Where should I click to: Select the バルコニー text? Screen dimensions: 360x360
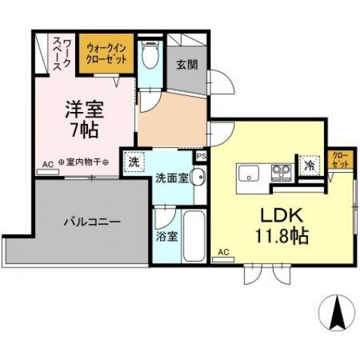92,222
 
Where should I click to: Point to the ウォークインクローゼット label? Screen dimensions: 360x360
107,53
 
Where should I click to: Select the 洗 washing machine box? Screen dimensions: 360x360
134,161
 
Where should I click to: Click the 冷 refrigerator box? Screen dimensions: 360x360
308,165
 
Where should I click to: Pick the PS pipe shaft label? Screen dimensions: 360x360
201,156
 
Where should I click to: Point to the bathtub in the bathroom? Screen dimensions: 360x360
193,234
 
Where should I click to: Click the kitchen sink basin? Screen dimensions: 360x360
249,173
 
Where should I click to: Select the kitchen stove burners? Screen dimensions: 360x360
282,173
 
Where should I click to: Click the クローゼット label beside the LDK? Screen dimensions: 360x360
341,160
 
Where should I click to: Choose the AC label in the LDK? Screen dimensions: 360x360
222,252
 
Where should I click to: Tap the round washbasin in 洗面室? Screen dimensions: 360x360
198,178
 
